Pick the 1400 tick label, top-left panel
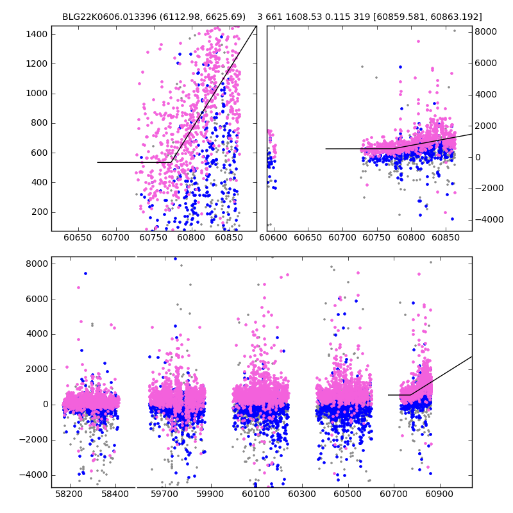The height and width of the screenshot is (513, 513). pos(36,34)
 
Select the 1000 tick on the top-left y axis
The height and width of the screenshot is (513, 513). pos(36,94)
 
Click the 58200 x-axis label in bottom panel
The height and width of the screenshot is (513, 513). pos(69,496)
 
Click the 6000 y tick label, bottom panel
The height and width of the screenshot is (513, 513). pos(36,299)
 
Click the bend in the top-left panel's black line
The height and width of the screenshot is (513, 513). pos(171,162)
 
